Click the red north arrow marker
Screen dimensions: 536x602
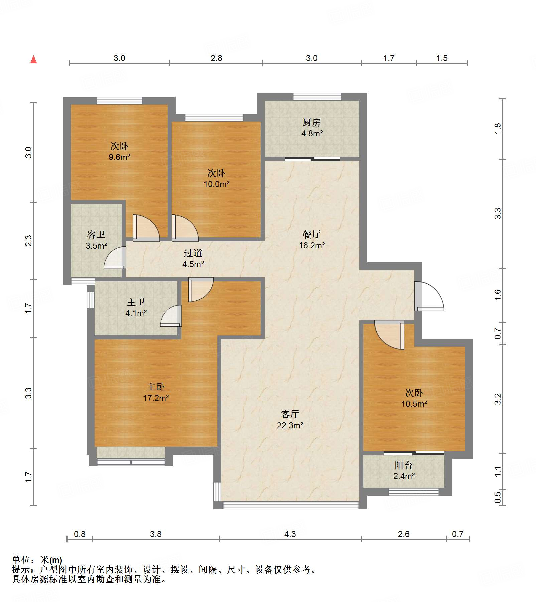pos(33,59)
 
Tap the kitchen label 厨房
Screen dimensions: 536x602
pos(312,123)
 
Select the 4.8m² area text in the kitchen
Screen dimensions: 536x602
pos(312,134)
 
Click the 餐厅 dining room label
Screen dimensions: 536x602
pos(312,234)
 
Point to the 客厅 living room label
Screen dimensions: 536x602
pos(290,414)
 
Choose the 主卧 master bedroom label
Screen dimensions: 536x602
pos(156,387)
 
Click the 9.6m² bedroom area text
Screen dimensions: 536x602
pos(119,157)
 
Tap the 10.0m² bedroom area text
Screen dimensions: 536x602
pos(217,184)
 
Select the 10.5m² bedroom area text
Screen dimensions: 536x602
pos(414,404)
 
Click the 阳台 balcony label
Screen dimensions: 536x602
pos(404,465)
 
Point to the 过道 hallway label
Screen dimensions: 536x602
pos(193,253)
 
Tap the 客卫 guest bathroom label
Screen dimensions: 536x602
pos(96,235)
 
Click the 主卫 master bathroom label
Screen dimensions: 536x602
pos(136,302)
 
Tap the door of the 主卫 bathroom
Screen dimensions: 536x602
pos(171,316)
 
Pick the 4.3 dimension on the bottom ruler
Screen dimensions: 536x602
pos(290,534)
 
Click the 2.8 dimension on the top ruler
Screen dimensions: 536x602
pos(216,58)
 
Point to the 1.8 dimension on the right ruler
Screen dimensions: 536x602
pos(498,129)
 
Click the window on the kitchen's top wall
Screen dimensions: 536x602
pos(317,97)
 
